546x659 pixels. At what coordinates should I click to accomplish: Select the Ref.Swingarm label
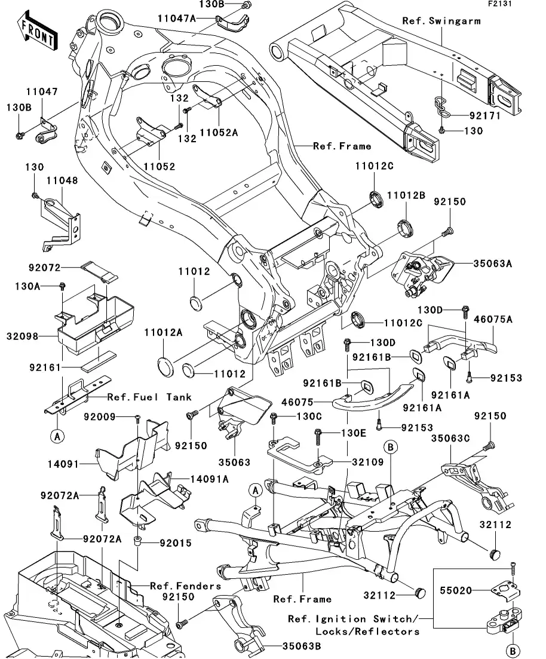pyautogui.click(x=441, y=21)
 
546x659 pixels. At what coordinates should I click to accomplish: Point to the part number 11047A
pyautogui.click(x=177, y=19)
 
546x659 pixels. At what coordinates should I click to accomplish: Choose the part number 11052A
pyautogui.click(x=219, y=133)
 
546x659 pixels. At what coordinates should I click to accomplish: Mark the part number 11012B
pyautogui.click(x=406, y=195)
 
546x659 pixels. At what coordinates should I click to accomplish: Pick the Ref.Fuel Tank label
pyautogui.click(x=149, y=397)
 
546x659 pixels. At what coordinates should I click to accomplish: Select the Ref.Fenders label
pyautogui.click(x=185, y=586)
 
